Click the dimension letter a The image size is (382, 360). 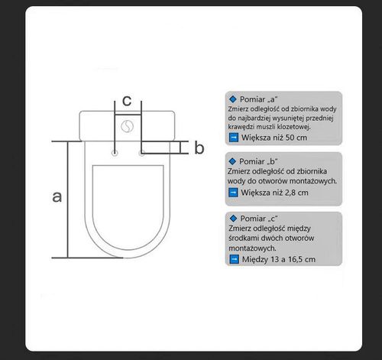[x=57, y=197]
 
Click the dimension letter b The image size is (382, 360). [x=199, y=148]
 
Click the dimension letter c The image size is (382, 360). [x=127, y=101]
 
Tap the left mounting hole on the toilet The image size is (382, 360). [x=115, y=153]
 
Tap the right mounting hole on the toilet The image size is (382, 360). [x=142, y=153]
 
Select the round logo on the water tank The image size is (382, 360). [x=127, y=126]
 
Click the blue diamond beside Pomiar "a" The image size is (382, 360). [x=233, y=99]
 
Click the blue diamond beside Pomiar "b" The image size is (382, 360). [x=232, y=161]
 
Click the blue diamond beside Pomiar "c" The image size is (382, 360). [x=233, y=219]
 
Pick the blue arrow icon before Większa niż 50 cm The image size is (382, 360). [x=234, y=138]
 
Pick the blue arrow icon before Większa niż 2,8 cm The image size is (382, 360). [x=233, y=193]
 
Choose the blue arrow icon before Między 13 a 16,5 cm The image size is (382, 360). [x=234, y=259]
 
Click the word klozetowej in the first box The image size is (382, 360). [x=293, y=127]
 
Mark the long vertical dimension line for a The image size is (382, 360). [x=68, y=199]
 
